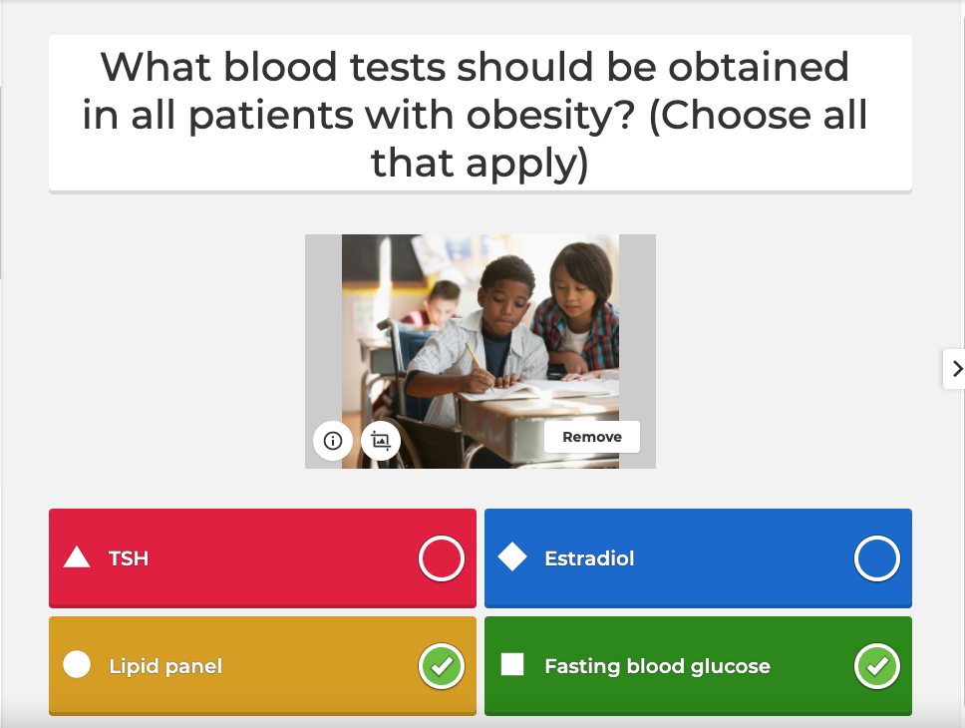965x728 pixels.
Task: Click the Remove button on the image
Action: (x=591, y=437)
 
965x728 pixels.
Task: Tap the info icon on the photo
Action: (x=333, y=440)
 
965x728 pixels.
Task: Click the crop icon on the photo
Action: (x=380, y=440)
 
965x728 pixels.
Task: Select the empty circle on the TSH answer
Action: (x=441, y=558)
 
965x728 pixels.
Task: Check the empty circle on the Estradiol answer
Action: (x=876, y=558)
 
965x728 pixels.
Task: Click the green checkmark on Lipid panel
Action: (x=441, y=666)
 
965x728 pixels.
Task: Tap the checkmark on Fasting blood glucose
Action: (x=876, y=666)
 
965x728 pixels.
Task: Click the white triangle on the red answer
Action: (x=77, y=557)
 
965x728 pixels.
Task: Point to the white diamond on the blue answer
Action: (x=512, y=557)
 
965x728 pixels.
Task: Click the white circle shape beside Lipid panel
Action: (x=77, y=664)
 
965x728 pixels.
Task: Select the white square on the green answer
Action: (x=512, y=664)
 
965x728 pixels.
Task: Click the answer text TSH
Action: (x=129, y=558)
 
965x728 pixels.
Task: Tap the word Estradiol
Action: (x=589, y=558)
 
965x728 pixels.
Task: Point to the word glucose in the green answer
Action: (x=734, y=666)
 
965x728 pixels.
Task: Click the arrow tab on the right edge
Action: (x=955, y=369)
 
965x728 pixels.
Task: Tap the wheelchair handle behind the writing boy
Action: (x=384, y=325)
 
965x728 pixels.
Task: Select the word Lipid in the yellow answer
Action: (x=131, y=666)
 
